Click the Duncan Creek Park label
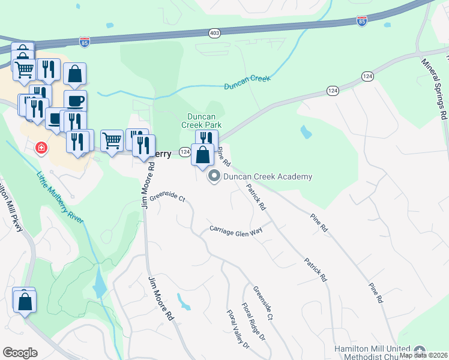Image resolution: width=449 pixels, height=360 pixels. point(202,121)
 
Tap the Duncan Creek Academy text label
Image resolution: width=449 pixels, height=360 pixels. point(268,176)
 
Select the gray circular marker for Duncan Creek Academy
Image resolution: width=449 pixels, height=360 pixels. point(214,176)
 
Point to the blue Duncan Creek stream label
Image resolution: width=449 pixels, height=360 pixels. point(247,82)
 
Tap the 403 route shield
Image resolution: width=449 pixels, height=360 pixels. point(214,32)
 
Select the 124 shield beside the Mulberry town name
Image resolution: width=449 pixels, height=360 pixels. point(185,154)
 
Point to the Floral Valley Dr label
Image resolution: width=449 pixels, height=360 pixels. point(238,329)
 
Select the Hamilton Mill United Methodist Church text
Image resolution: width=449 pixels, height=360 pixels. point(372,353)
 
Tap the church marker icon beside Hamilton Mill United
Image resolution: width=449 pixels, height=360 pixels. point(419,350)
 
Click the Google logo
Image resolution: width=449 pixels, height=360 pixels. point(20,353)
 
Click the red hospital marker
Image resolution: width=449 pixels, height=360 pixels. point(41,147)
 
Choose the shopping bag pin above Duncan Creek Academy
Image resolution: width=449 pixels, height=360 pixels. point(203,155)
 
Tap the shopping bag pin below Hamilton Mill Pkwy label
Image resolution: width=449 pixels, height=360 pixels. point(25,301)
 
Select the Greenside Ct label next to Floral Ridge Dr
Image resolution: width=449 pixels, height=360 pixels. point(263,302)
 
